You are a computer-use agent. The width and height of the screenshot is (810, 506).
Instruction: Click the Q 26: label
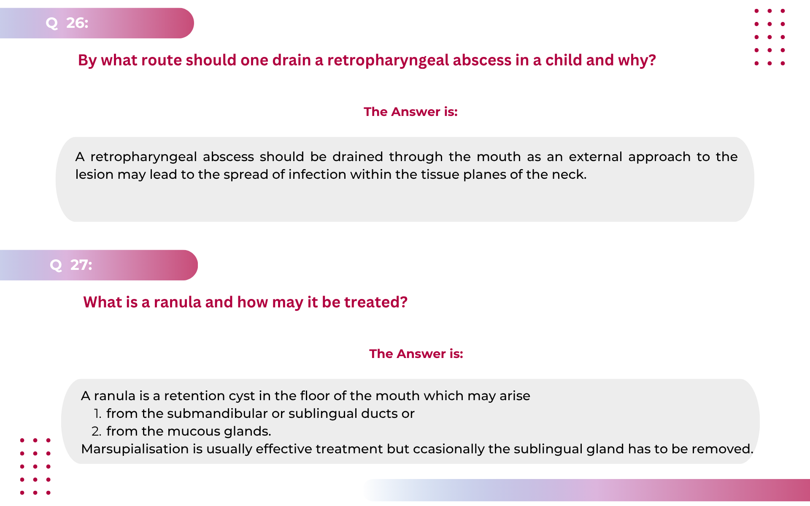67,23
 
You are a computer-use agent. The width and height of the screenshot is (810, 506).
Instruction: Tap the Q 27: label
71,265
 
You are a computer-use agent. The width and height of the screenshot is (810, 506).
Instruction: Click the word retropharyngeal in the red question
388,61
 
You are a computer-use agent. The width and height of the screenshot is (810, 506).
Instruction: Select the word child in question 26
563,60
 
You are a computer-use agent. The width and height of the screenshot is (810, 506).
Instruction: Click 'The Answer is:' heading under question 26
410,112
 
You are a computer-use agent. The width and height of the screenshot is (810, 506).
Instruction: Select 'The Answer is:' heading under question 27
416,354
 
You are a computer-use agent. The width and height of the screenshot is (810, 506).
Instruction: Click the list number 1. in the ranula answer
97,414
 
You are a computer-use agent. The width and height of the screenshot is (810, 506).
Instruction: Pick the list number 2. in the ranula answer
97,431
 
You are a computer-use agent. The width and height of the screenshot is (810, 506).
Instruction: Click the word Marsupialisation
135,449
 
